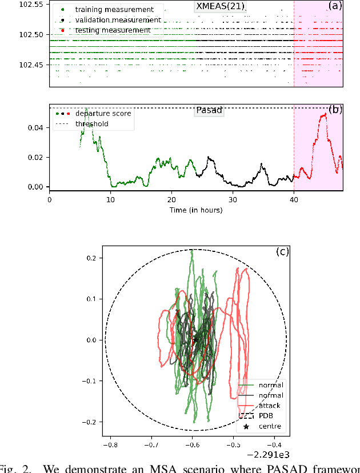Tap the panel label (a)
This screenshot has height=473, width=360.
pyautogui.click(x=334, y=6)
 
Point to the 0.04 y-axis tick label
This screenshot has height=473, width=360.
pyautogui.click(x=35, y=127)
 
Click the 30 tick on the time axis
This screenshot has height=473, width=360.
pyautogui.click(x=233, y=200)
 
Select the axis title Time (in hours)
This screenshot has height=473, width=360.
pyautogui.click(x=196, y=210)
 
